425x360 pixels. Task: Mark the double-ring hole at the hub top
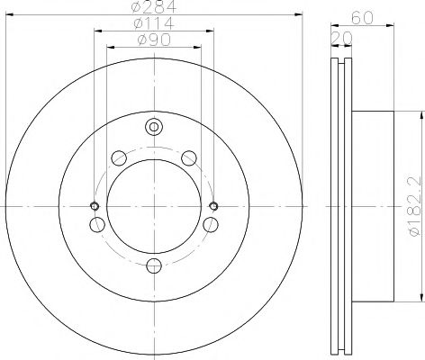[x=154, y=127]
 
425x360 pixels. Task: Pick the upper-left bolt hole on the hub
[x=119, y=159]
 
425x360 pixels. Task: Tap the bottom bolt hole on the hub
[x=154, y=265]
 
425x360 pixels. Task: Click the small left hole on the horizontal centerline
[x=95, y=205]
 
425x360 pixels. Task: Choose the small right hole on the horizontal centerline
[x=213, y=205]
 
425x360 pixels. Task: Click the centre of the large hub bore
[x=154, y=205]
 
